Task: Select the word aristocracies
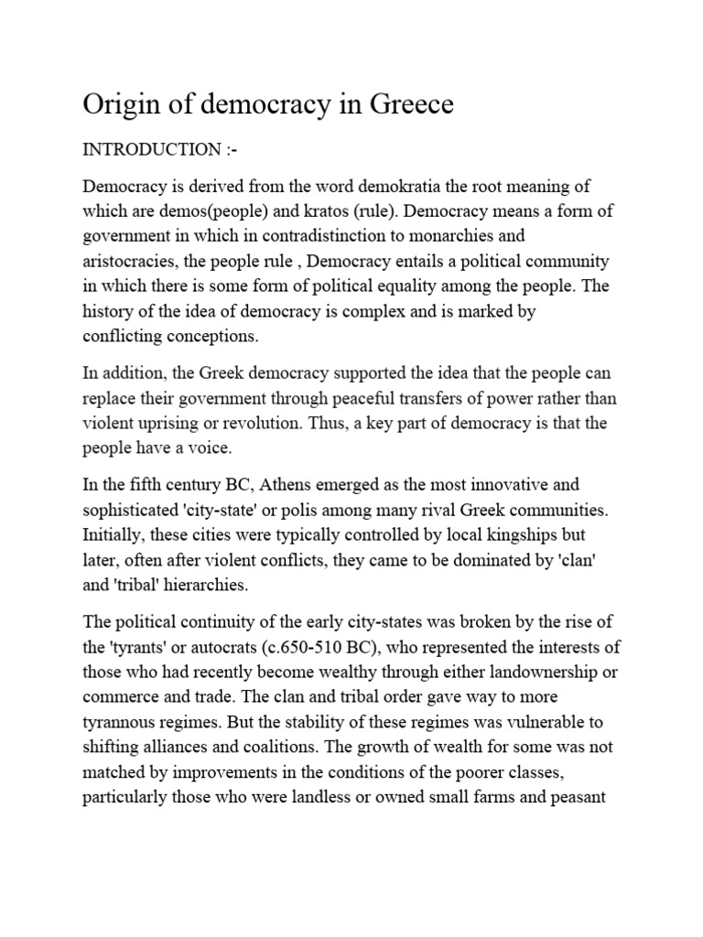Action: (129, 262)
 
